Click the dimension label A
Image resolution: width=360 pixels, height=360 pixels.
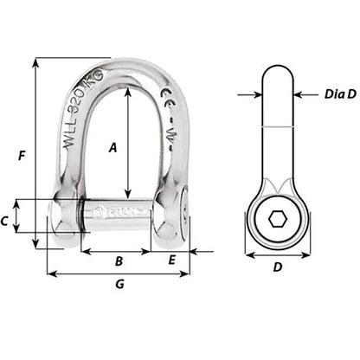tap(113, 147)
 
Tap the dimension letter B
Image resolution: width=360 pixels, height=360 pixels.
tap(119, 260)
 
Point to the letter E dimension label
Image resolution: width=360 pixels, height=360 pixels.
tap(172, 260)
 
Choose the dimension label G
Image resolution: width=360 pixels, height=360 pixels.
tap(119, 285)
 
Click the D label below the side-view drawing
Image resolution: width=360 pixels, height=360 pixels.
tap(277, 267)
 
